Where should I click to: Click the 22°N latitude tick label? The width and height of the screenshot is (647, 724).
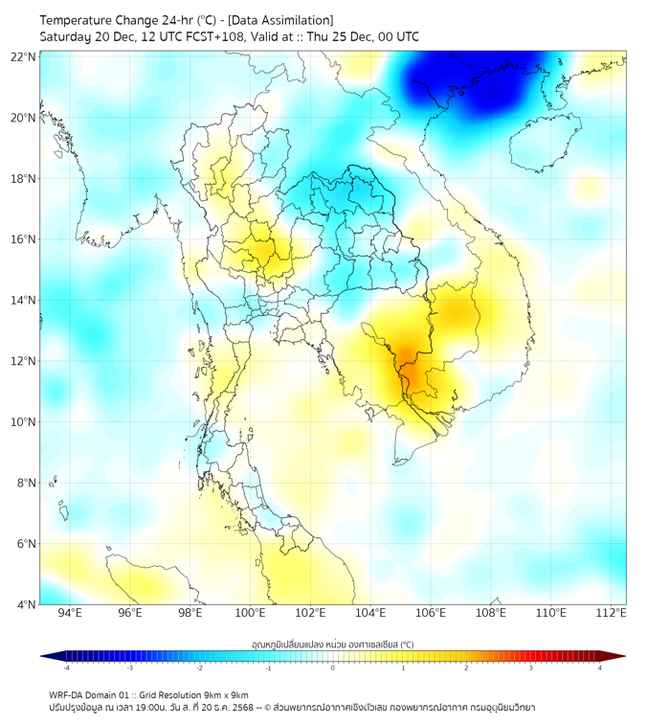pos(24,57)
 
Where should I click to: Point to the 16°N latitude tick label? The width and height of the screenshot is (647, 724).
pos(24,239)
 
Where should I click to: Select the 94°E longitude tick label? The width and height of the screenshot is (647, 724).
pos(70,613)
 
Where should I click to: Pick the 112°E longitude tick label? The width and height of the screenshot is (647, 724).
pos(611,613)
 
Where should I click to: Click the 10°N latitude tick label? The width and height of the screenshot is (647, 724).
pos(24,422)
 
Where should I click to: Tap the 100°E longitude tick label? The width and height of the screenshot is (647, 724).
pos(250,613)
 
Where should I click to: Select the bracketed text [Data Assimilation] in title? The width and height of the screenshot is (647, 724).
pos(279,20)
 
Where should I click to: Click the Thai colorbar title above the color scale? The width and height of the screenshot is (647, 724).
pos(332,644)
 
